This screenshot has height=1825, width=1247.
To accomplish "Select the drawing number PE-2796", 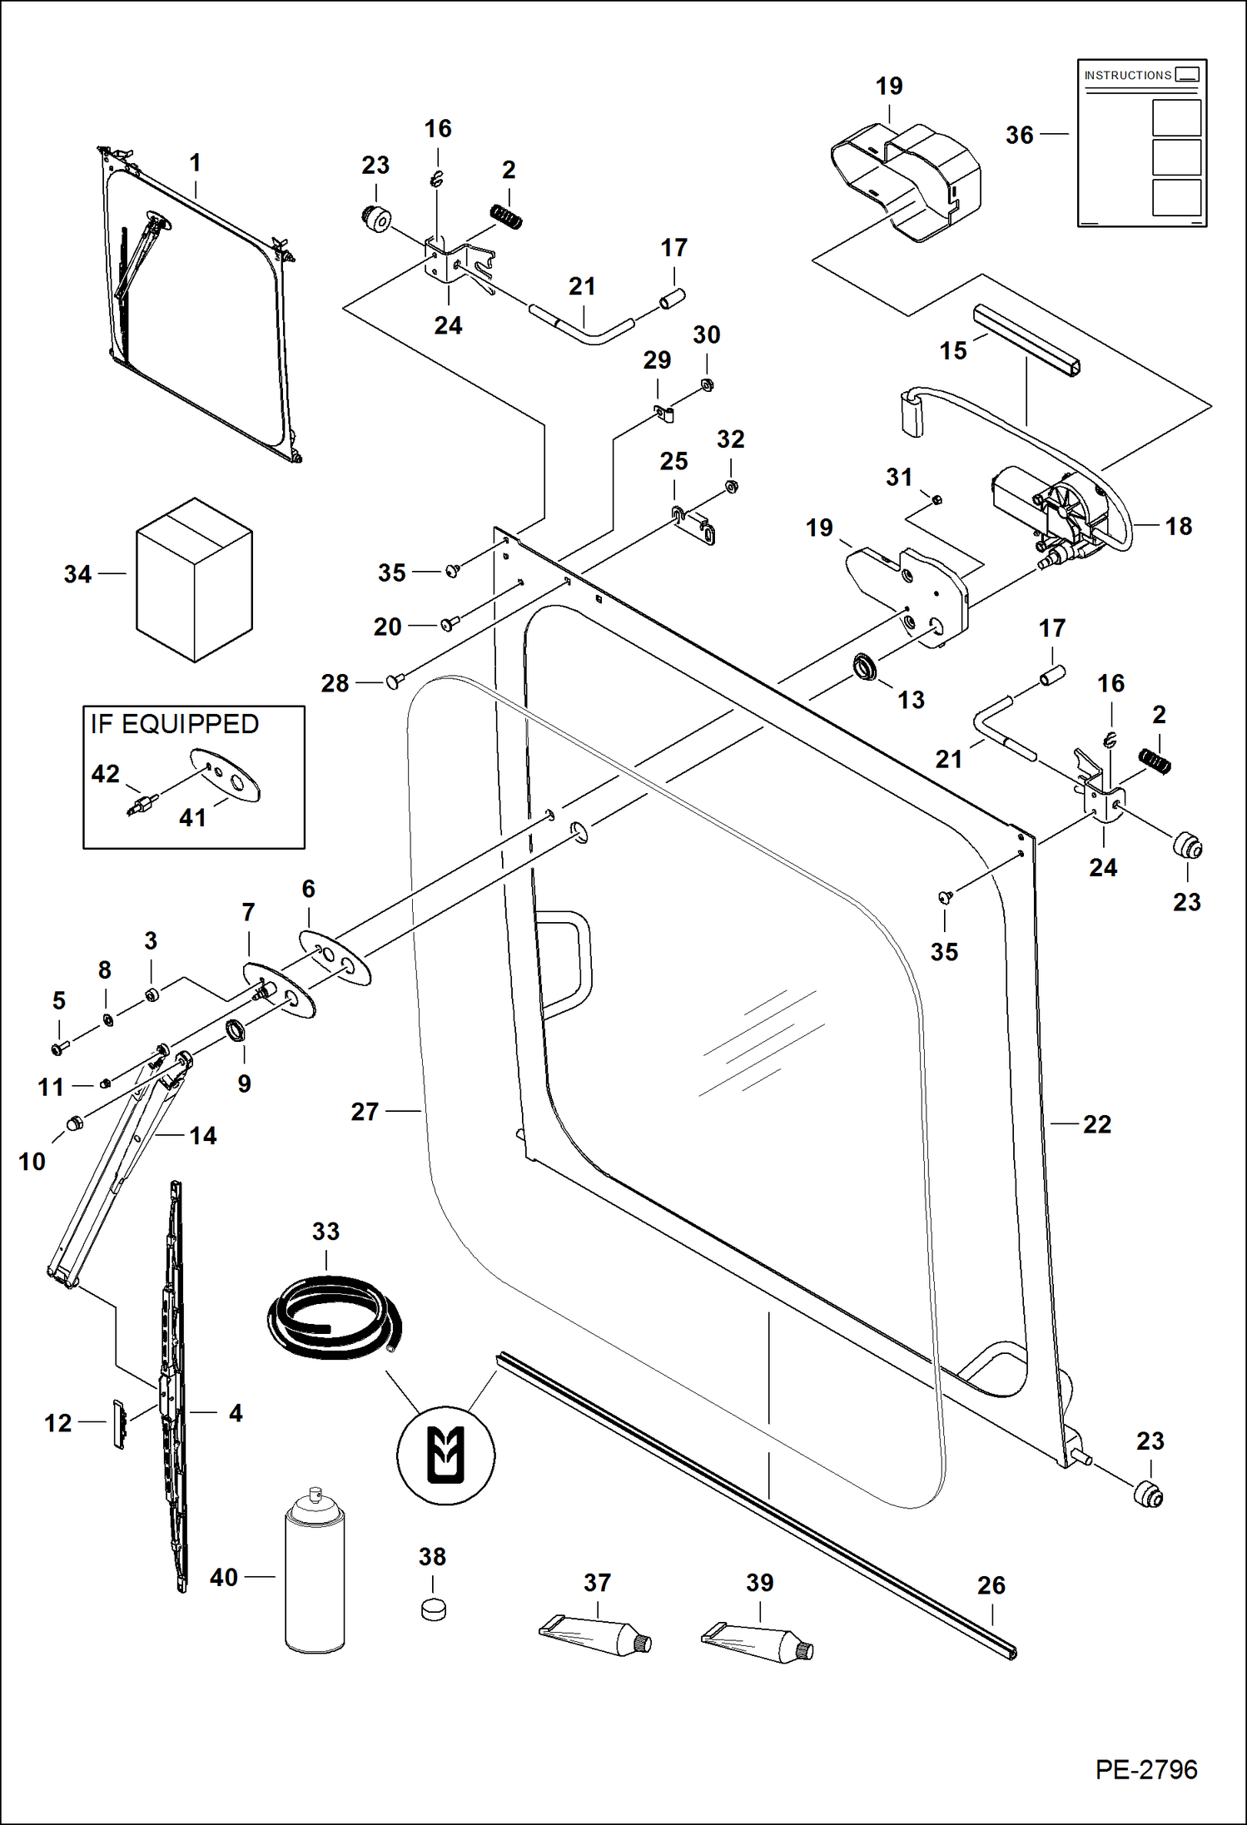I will pos(1145,1770).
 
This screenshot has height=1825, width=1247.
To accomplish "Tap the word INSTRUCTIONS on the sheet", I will pos(1127,76).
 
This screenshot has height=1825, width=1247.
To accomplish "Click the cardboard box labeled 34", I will pos(194,580).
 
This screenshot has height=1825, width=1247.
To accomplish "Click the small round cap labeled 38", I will pos(433,1609).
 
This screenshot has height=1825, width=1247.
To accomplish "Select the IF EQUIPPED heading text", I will pos(175,724).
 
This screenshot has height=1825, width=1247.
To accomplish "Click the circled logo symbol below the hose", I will pos(445,1456).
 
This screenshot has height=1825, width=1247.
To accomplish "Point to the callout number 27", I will pos(365,1112).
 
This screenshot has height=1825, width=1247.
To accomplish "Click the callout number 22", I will pos(1096,1124).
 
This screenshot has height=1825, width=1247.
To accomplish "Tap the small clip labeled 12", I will pos(119,1424).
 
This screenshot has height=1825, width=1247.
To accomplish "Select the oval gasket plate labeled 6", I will pos(335,957).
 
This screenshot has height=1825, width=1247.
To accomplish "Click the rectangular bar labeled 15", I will pos(1027,340).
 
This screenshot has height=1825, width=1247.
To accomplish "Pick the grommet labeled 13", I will pos(867,667).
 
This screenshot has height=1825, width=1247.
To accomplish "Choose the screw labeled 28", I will pos(394,682).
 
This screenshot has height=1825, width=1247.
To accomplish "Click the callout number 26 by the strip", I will pos(991,1585).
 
